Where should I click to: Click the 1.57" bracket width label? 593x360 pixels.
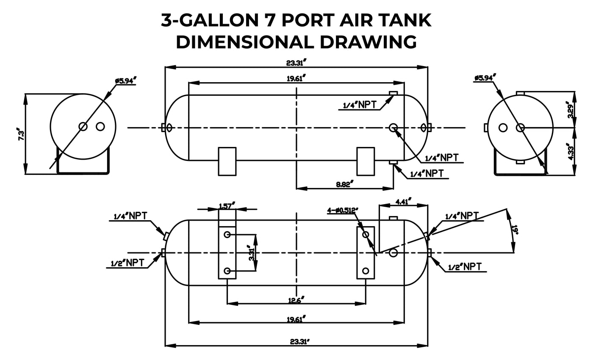(x=227, y=206)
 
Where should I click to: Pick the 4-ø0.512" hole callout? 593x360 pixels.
(x=343, y=210)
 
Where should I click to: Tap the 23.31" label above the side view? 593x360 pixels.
(x=296, y=64)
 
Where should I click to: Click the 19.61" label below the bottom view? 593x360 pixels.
(x=296, y=319)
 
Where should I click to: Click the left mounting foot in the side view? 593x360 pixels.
(x=227, y=161)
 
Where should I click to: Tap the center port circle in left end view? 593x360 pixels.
(x=83, y=126)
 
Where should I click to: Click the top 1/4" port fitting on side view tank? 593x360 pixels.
(x=393, y=93)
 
